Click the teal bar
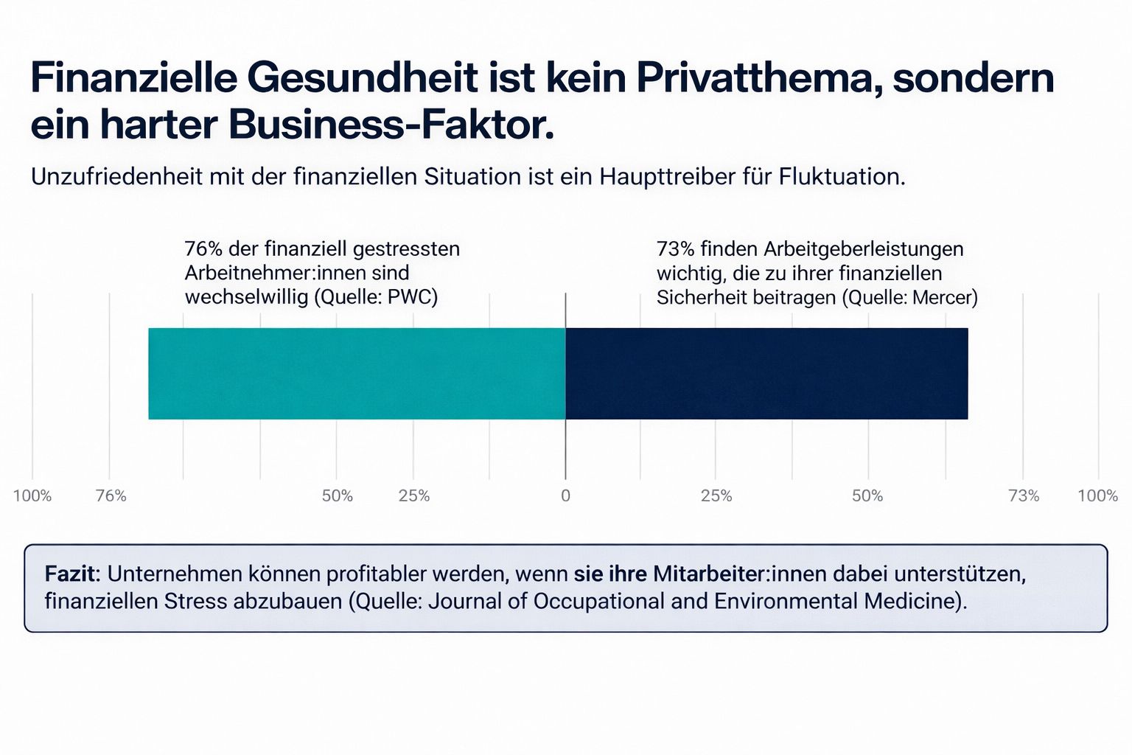357,374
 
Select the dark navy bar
766,374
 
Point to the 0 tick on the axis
565,496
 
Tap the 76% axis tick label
111,496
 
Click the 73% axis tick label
1024,496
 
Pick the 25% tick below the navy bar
716,496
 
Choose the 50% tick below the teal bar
338,496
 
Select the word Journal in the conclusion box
464,601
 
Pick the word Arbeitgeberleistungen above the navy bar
863,249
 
